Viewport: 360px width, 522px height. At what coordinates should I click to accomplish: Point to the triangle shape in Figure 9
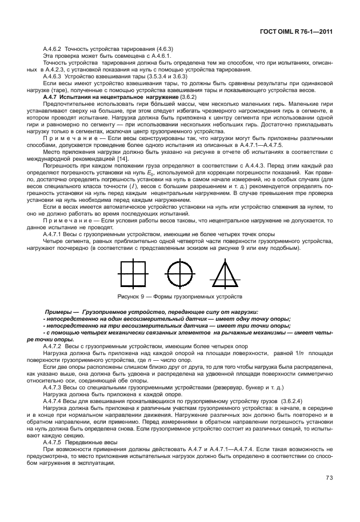pos(225,273)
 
